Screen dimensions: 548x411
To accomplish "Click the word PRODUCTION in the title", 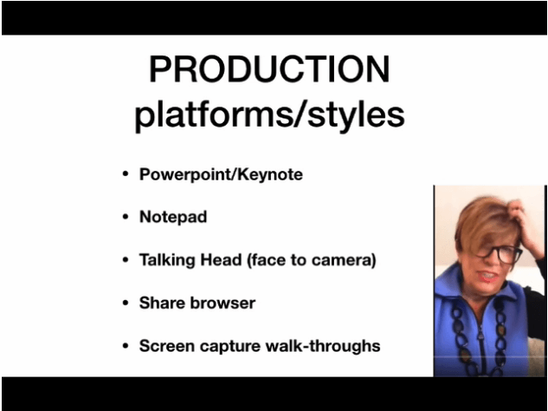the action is tap(269, 69).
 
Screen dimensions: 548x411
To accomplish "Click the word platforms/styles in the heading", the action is tap(269, 115).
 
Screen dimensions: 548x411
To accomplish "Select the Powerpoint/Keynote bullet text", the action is tap(221, 174).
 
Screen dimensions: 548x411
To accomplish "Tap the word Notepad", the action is tap(173, 217).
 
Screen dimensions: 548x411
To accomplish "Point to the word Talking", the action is tap(167, 260).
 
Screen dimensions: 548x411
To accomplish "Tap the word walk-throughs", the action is tap(323, 346).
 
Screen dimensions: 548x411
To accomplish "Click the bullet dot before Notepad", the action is tap(126, 217).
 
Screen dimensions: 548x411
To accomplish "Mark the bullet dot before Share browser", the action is tap(126, 303).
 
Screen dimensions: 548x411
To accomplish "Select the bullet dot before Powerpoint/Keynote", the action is tap(126, 174).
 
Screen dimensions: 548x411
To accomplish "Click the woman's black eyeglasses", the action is tap(499, 253).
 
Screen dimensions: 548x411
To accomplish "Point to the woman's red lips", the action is tap(488, 277).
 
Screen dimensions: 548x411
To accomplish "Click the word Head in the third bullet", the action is tap(221, 260).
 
